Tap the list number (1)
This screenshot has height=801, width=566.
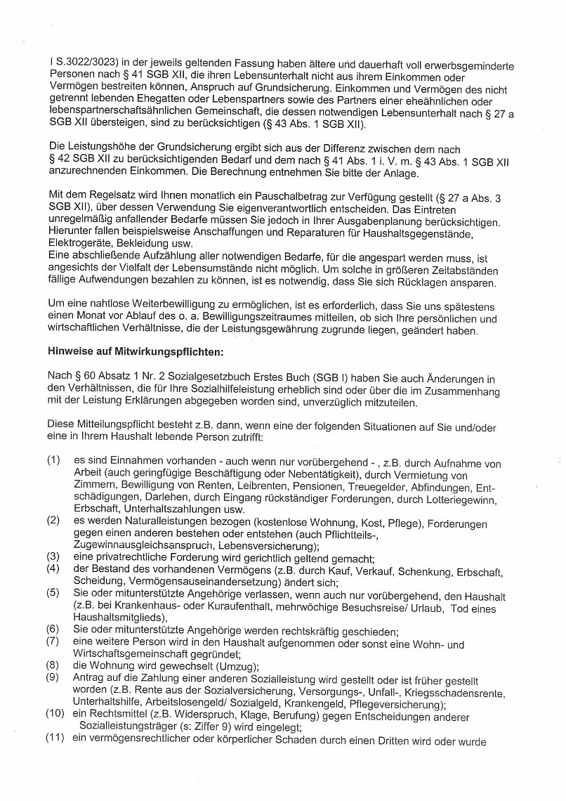click(53, 460)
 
